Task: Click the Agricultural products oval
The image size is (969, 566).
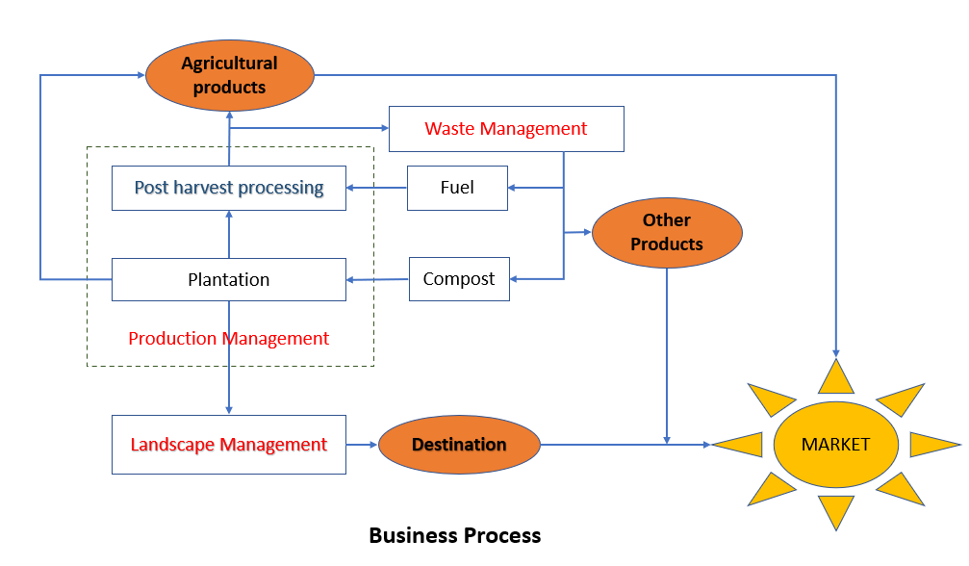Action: tap(229, 75)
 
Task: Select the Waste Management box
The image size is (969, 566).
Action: tap(506, 129)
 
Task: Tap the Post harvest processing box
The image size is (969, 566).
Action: tap(229, 188)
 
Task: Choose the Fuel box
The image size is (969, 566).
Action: tap(457, 188)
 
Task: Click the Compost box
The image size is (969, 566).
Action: tap(459, 279)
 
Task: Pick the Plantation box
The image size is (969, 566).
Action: tap(229, 280)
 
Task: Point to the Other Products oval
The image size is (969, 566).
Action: tap(667, 233)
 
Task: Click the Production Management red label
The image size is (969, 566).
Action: tap(229, 339)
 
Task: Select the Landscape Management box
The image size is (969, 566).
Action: tap(229, 445)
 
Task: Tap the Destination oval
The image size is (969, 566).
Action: tap(459, 445)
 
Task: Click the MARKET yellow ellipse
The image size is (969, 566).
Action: tap(835, 445)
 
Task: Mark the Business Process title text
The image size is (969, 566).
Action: tap(455, 535)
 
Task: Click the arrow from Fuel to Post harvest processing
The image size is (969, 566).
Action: tap(376, 188)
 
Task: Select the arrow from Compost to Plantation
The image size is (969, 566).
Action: tap(377, 280)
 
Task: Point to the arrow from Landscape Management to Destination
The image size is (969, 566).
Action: tap(362, 445)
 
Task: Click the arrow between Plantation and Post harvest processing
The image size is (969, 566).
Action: tap(229, 234)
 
